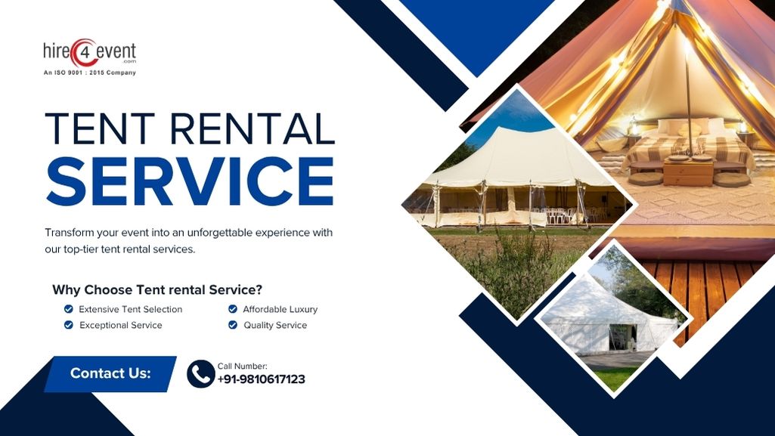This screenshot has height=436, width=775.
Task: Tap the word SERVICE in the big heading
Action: pyautogui.click(x=190, y=181)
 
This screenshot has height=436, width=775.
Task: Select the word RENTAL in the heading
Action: pyautogui.click(x=253, y=128)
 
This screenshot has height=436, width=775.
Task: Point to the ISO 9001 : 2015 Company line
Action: pyautogui.click(x=89, y=73)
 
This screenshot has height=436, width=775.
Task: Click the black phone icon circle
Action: pyautogui.click(x=200, y=374)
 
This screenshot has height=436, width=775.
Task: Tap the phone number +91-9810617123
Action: pyautogui.click(x=262, y=379)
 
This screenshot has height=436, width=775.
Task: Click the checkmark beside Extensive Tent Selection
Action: pyautogui.click(x=69, y=309)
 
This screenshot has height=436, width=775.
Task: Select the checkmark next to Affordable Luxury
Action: pyautogui.click(x=233, y=309)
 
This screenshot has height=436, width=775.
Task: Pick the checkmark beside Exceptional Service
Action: pyautogui.click(x=69, y=325)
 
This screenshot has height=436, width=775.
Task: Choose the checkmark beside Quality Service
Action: pyautogui.click(x=233, y=325)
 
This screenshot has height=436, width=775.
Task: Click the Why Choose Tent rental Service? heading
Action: pyautogui.click(x=157, y=289)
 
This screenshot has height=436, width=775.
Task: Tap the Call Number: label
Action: pyautogui.click(x=242, y=366)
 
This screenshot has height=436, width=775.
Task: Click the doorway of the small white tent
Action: pyautogui.click(x=622, y=337)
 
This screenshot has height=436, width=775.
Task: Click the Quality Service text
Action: pyautogui.click(x=275, y=325)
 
